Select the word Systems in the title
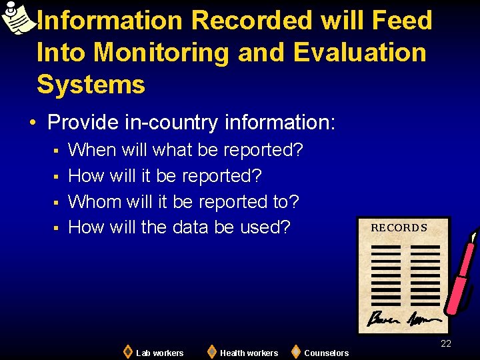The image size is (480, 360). point(91,84)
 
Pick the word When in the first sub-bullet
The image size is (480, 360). point(92,149)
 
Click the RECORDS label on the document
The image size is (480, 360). point(399,228)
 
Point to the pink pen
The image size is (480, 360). point(461,273)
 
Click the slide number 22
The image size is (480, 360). point(446,343)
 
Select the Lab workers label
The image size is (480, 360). point(159,353)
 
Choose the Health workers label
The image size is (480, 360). point(249,353)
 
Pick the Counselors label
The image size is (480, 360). point(326,353)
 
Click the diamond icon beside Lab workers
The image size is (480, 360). point(127,351)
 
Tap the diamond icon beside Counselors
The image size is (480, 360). point(296,351)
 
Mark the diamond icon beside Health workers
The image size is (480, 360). point(211,351)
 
